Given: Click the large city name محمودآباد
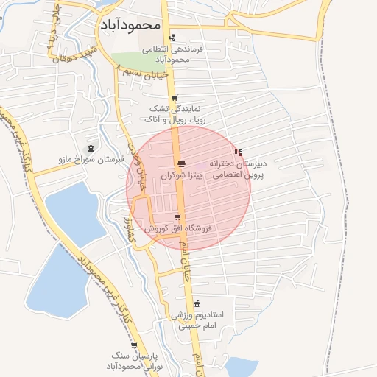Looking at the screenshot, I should (x=128, y=24).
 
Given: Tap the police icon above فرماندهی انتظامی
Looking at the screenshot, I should (x=173, y=38).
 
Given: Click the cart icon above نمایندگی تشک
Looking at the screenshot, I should (x=174, y=98).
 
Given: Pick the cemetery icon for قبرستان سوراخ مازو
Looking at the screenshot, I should (x=91, y=148).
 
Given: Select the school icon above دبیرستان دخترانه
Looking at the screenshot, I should (x=238, y=152).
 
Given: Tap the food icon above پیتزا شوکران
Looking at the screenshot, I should (x=181, y=163).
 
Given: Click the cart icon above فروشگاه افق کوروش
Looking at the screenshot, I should (x=177, y=216).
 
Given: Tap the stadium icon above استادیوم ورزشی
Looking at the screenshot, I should (x=196, y=303).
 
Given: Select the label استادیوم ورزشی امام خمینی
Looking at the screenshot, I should (x=197, y=320).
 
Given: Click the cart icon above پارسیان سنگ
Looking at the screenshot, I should (x=133, y=345).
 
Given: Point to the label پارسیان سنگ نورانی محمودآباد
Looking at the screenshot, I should (x=134, y=361).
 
